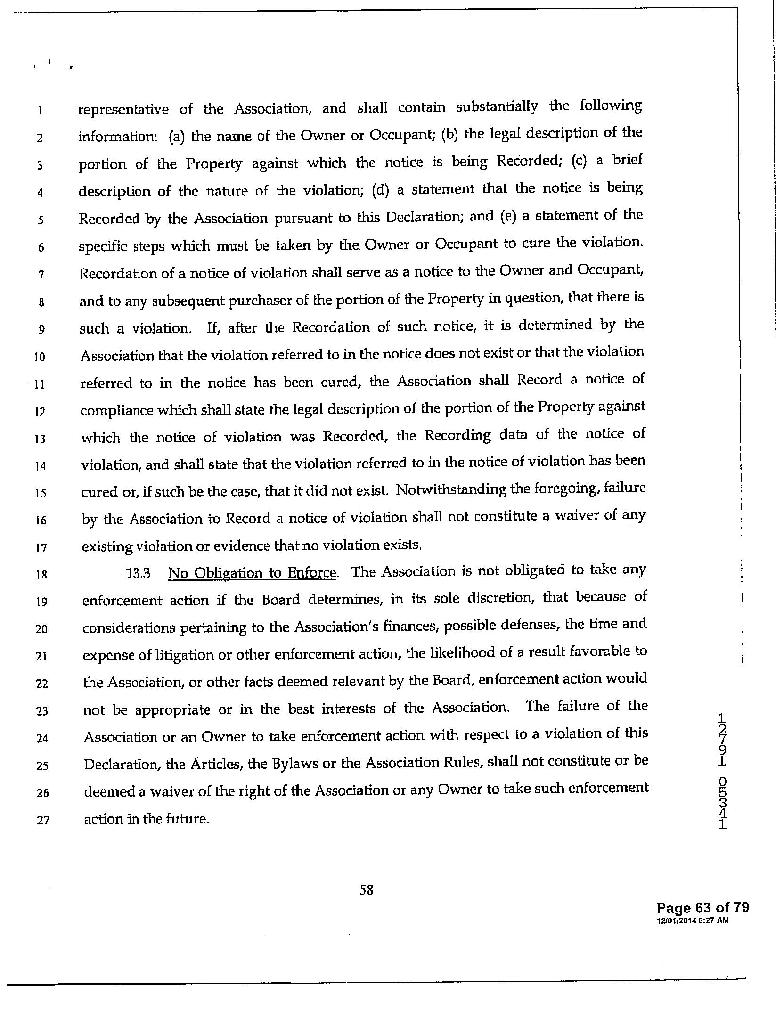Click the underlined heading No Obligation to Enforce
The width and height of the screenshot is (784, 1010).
tap(253, 573)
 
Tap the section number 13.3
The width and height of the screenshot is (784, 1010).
tap(139, 573)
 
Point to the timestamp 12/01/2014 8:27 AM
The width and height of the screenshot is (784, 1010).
tap(693, 920)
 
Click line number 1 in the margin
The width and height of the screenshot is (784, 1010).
tap(41, 111)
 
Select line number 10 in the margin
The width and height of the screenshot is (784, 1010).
tap(40, 357)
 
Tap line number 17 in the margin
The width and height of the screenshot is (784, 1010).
tap(41, 548)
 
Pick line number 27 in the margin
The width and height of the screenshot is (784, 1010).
tap(42, 820)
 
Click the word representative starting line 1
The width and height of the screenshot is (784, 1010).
tap(123, 110)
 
